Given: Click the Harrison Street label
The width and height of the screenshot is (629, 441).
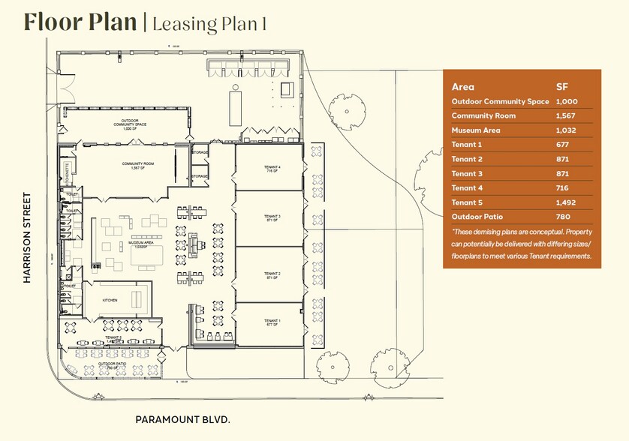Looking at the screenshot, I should (28, 238).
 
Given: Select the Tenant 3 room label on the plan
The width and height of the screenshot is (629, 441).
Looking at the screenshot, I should (271, 217).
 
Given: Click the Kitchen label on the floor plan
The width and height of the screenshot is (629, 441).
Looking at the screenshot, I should (110, 300).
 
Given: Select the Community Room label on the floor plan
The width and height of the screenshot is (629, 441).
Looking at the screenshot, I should (137, 164).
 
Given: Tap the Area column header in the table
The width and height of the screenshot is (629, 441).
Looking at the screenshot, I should (463, 86).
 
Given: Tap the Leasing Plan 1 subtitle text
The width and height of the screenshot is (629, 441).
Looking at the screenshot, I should (209, 23).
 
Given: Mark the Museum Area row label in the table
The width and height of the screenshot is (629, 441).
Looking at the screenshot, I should (476, 130).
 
